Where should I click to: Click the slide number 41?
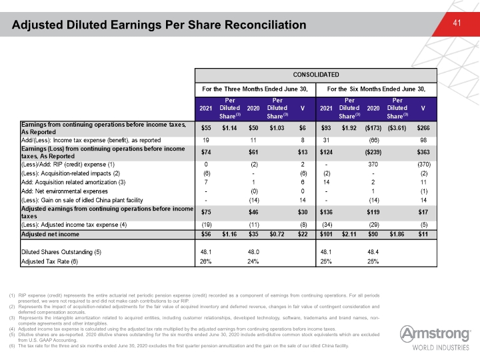(x=457, y=23)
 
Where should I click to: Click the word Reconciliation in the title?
(x=265, y=25)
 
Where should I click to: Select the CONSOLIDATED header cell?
(x=316, y=75)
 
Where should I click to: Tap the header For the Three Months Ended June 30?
(x=255, y=89)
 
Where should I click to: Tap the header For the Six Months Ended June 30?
(x=376, y=89)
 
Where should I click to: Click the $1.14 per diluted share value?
(x=229, y=128)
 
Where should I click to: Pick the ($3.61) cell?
(x=397, y=128)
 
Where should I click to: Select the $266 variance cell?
(x=423, y=128)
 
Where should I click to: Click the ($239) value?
(x=373, y=152)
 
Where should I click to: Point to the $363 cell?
(x=423, y=152)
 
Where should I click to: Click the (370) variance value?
(x=424, y=165)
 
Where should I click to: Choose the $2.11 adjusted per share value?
(x=349, y=234)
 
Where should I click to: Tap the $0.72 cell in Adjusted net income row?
(x=277, y=234)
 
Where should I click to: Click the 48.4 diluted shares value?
(x=373, y=252)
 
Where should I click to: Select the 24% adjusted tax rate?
(x=253, y=262)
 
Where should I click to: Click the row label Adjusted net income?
(x=50, y=234)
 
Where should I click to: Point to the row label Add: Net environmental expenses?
(x=65, y=191)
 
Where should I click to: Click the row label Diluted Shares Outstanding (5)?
(x=61, y=252)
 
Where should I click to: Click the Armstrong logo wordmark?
(x=435, y=334)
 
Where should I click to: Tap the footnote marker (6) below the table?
(x=12, y=345)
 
